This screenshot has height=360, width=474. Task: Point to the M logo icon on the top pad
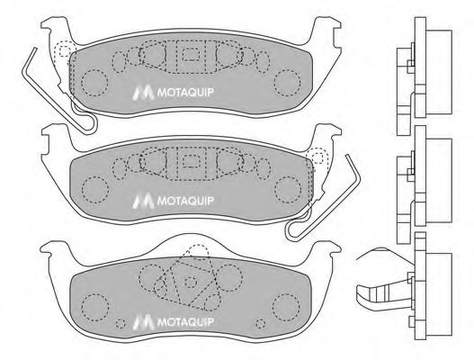140,91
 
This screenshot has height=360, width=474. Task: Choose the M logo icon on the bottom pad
140,318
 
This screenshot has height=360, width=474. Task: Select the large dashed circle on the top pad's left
93,84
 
